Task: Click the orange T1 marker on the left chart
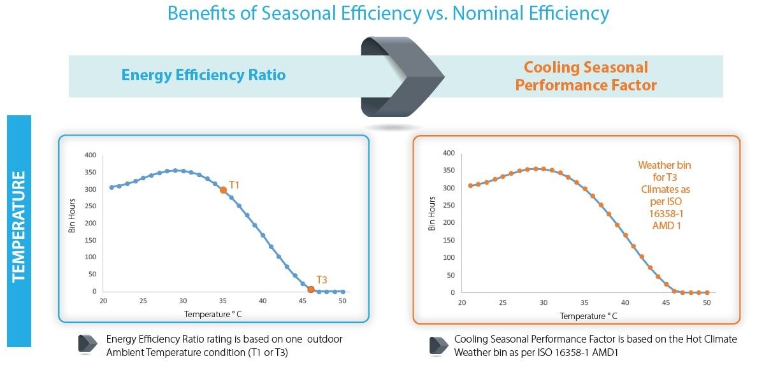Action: (223, 190)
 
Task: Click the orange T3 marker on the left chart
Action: (310, 290)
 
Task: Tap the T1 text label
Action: (234, 185)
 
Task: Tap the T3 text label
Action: (322, 280)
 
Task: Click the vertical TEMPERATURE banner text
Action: (18, 225)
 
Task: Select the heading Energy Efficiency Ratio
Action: (203, 75)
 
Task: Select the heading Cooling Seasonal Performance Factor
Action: (586, 76)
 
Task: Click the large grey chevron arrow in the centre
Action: (401, 76)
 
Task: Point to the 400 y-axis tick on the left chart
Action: (90, 155)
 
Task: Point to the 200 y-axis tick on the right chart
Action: (452, 223)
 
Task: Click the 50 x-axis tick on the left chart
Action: (342, 301)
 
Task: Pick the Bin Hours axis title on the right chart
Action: (433, 217)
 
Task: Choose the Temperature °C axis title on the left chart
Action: (213, 314)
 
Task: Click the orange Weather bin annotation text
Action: (664, 196)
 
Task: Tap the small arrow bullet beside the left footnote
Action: (87, 344)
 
